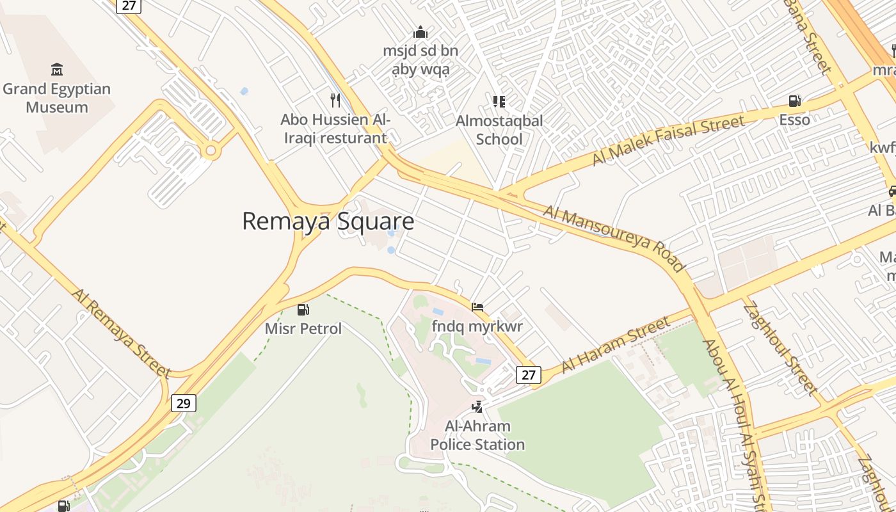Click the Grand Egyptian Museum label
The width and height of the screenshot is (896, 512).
click(57, 98)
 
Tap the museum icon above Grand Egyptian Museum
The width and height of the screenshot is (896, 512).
click(57, 69)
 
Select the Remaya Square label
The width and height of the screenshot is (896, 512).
click(328, 221)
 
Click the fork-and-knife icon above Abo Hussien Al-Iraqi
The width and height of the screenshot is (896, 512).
click(335, 100)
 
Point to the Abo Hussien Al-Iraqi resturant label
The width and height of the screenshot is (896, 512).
click(335, 129)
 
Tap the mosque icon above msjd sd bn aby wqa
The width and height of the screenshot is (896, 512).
click(420, 31)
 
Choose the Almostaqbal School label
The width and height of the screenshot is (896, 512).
click(499, 130)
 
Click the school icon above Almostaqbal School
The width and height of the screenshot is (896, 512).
click(499, 101)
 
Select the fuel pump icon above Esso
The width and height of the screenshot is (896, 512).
click(794, 100)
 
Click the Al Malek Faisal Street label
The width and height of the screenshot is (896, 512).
click(668, 140)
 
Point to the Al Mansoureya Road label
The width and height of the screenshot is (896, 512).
click(614, 237)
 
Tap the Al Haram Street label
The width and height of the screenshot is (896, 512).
click(616, 345)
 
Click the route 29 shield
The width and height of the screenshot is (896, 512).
click(184, 403)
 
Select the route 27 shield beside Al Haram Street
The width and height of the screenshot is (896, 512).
click(529, 374)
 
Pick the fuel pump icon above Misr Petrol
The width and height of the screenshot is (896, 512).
click(303, 310)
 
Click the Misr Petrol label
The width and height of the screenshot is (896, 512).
click(303, 329)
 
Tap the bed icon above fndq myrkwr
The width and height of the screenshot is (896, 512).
click(477, 307)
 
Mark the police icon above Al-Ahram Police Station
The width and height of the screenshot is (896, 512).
click(477, 406)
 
